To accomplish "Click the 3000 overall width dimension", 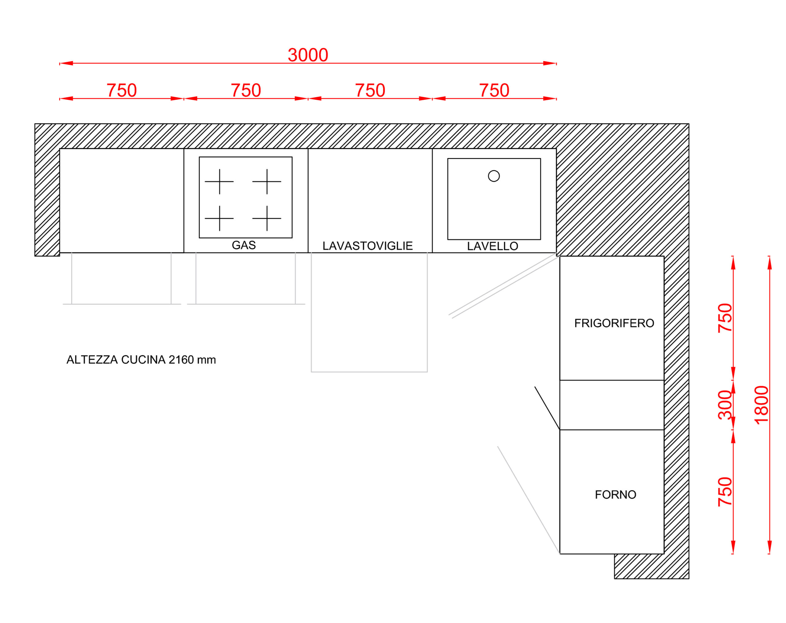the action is pyautogui.click(x=308, y=55).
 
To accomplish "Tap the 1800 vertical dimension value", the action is pyautogui.click(x=761, y=405).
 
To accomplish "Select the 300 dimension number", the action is pyautogui.click(x=725, y=405).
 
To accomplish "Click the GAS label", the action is pyautogui.click(x=243, y=245).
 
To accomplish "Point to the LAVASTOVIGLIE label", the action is pyautogui.click(x=368, y=246).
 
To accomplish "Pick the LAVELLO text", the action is pyautogui.click(x=492, y=246).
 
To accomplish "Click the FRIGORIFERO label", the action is pyautogui.click(x=614, y=323).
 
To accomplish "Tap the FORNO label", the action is pyautogui.click(x=615, y=494).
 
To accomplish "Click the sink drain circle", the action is pyautogui.click(x=494, y=176).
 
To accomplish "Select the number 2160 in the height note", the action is pyautogui.click(x=181, y=360).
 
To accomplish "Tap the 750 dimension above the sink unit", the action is pyautogui.click(x=494, y=90).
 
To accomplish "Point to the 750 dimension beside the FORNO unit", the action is pyautogui.click(x=725, y=492).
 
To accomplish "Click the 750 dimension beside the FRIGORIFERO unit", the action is pyautogui.click(x=725, y=318).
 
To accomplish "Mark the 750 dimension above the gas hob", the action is pyautogui.click(x=246, y=90).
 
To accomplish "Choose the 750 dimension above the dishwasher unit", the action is pyautogui.click(x=370, y=90).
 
